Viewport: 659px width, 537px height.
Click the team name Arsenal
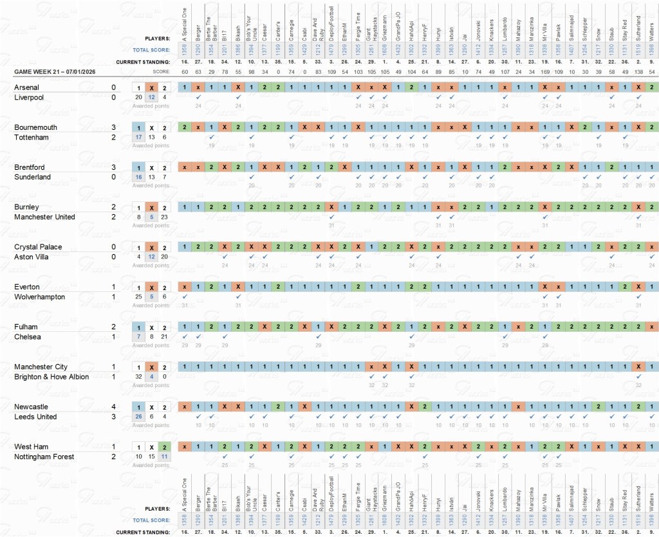tap(26, 87)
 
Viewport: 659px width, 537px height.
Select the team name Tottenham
tap(30, 138)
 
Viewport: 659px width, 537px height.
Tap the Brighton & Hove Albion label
tap(51, 377)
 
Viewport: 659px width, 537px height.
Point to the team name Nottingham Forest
tap(44, 457)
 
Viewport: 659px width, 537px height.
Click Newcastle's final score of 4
tap(114, 407)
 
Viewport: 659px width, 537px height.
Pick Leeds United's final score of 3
tap(114, 417)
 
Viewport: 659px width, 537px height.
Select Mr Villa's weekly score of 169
tap(545, 71)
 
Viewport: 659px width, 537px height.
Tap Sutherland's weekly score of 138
tap(638, 71)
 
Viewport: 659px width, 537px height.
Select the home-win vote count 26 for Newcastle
tap(138, 417)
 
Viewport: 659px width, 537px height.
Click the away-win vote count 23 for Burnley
tap(164, 217)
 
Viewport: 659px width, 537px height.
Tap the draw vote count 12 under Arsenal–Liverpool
tap(151, 98)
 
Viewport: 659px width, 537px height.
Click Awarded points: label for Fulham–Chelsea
tap(151, 345)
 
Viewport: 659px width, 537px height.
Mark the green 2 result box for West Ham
tap(164, 447)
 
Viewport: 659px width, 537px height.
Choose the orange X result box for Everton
tap(151, 287)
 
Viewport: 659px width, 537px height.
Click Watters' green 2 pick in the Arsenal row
tap(652, 87)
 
